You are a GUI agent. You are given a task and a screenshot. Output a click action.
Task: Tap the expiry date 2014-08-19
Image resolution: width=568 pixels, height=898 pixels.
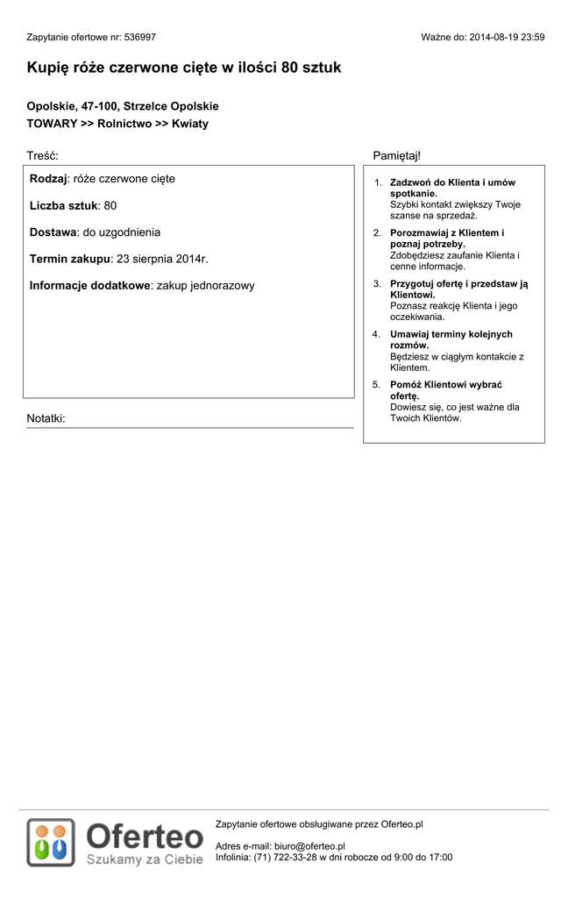[493, 38]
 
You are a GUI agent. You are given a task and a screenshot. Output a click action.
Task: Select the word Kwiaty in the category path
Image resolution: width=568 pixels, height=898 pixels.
[190, 124]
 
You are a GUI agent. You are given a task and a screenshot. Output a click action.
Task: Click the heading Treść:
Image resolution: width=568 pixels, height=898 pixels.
[42, 156]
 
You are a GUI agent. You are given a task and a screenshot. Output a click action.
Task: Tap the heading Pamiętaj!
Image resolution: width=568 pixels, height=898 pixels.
[397, 156]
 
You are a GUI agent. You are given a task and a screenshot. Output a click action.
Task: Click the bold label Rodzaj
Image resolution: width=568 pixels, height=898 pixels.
[48, 179]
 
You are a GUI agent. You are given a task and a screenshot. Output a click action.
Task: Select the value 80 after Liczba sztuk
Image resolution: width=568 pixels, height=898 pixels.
[110, 205]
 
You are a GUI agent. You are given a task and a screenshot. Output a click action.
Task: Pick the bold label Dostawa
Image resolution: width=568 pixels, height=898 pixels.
[53, 232]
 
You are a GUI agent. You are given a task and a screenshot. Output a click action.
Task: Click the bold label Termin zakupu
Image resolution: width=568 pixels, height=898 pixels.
[70, 259]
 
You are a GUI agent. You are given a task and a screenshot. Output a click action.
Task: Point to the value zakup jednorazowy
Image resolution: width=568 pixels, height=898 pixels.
[206, 286]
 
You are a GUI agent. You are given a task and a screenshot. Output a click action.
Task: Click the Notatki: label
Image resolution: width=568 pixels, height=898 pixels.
[46, 418]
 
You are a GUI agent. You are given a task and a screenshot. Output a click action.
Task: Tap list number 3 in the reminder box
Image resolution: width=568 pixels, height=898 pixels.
[377, 284]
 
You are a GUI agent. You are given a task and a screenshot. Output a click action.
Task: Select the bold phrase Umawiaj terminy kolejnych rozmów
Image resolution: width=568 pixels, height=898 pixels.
[451, 339]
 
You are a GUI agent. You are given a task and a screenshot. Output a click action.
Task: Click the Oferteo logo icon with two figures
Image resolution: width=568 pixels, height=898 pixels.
[50, 842]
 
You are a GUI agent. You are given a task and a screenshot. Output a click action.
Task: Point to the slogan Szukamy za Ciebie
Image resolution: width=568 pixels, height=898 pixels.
[145, 859]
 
